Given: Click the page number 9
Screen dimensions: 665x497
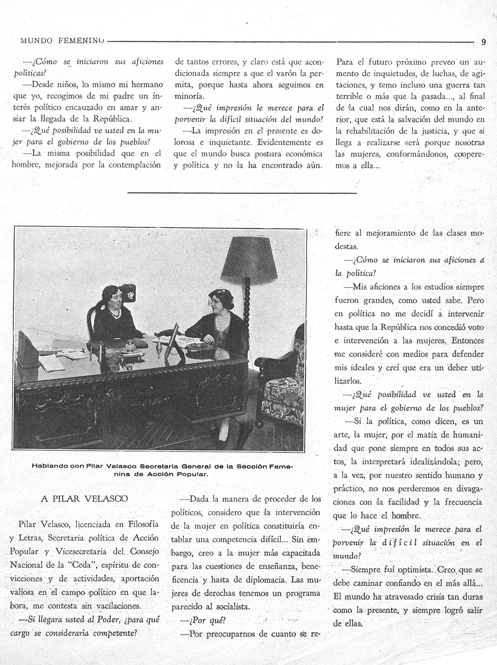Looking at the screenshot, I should tap(483, 42).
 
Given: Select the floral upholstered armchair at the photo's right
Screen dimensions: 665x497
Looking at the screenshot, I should tap(283, 384).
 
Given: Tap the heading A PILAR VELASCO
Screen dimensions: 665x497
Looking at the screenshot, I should tap(84, 499).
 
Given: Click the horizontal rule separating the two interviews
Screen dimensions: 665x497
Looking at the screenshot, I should tap(242, 193).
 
